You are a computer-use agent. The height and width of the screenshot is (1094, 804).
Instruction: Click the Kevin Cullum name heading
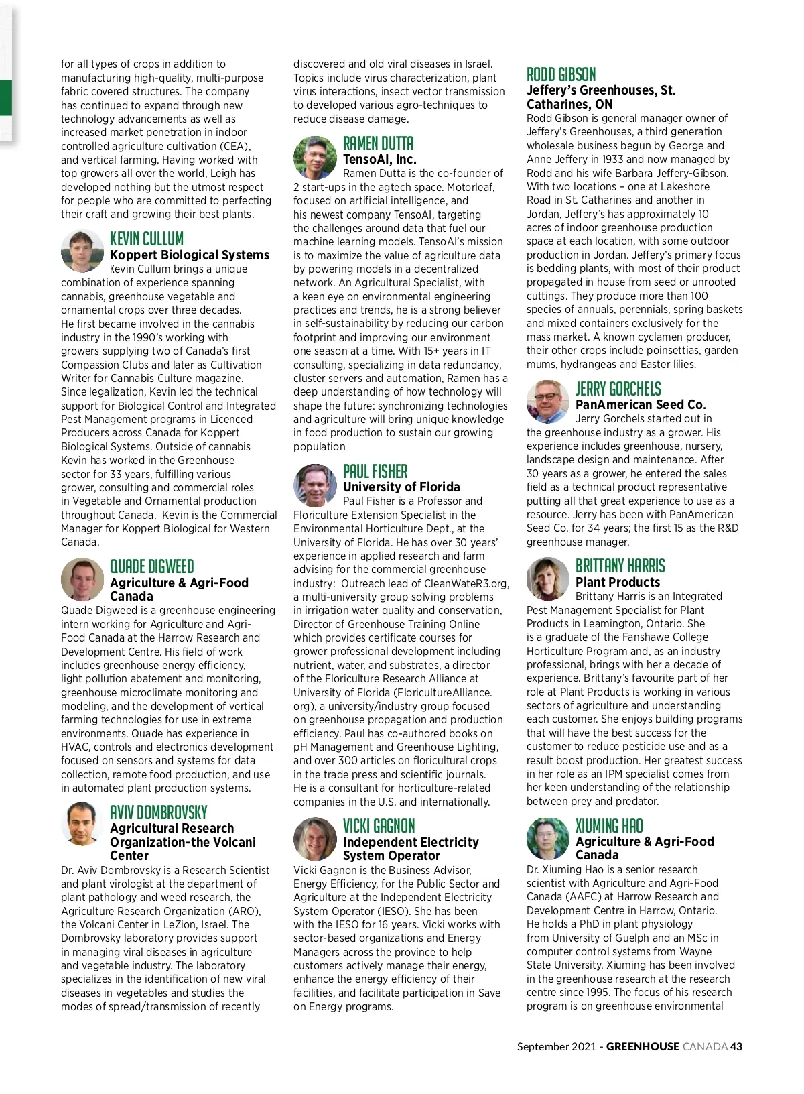tap(146, 239)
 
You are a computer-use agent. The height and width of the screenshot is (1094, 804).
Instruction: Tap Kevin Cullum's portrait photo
tap(82, 250)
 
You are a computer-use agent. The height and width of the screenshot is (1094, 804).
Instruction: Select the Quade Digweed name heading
tap(151, 566)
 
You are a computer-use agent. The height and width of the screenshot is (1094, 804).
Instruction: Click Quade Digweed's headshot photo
tap(82, 579)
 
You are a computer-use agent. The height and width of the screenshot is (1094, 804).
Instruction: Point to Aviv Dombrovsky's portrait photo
tap(82, 824)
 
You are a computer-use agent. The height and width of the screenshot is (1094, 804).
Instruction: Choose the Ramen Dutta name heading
tap(378, 143)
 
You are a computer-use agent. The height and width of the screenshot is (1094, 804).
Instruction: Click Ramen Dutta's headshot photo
tap(315, 158)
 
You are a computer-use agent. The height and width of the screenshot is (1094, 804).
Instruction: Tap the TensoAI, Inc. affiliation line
tap(379, 159)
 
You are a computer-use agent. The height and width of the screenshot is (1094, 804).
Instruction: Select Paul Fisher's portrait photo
tap(315, 485)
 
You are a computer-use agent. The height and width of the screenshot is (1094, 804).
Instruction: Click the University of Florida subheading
tap(401, 487)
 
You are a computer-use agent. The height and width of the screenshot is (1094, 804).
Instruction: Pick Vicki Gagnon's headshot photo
tap(315, 838)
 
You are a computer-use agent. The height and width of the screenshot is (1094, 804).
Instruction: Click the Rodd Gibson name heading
tap(561, 74)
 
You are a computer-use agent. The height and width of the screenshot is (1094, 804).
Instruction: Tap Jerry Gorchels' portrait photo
tap(548, 402)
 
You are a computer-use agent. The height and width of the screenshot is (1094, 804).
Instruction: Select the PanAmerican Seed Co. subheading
tap(641, 404)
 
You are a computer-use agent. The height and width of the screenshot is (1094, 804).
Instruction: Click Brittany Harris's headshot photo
tap(548, 579)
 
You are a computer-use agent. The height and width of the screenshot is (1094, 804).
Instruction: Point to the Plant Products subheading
tap(618, 582)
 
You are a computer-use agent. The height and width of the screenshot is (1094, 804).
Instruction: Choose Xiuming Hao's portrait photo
tap(548, 838)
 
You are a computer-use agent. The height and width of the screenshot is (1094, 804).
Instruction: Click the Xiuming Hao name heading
tap(608, 826)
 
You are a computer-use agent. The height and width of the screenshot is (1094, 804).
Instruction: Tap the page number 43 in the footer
tap(736, 1046)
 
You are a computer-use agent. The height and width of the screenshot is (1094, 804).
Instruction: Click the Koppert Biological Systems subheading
tap(190, 255)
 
